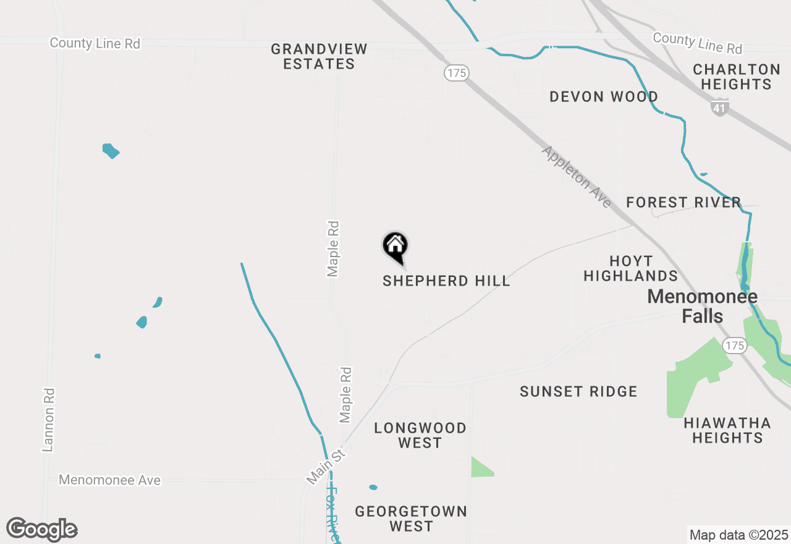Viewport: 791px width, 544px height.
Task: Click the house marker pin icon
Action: tap(395, 247)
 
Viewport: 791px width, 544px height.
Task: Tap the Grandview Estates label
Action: tap(319, 56)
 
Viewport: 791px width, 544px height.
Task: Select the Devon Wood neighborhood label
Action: tap(603, 96)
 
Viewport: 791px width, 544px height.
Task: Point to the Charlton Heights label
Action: tap(736, 77)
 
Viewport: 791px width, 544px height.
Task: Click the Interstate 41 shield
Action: tap(719, 107)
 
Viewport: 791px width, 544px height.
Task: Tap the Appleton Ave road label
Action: tap(577, 177)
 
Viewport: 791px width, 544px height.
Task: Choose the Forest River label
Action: tap(683, 202)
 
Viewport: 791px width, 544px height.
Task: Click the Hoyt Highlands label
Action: tap(630, 268)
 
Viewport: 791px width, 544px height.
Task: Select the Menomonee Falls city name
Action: tap(703, 306)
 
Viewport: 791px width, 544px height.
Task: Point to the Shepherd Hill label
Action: tap(446, 281)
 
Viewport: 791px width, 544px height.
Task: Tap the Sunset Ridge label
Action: tap(578, 391)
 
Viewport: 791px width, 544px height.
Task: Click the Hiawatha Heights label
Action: tap(727, 430)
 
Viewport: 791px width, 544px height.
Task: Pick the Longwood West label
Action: tap(420, 435)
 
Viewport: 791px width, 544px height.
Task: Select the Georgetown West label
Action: tap(410, 519)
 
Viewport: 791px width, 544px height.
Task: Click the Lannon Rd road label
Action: tap(49, 419)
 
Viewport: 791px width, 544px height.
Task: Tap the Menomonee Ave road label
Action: tap(110, 480)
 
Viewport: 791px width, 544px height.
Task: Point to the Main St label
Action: tap(325, 467)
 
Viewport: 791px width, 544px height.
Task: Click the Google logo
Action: tap(41, 530)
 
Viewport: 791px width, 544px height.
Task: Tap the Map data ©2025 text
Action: tap(738, 535)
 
